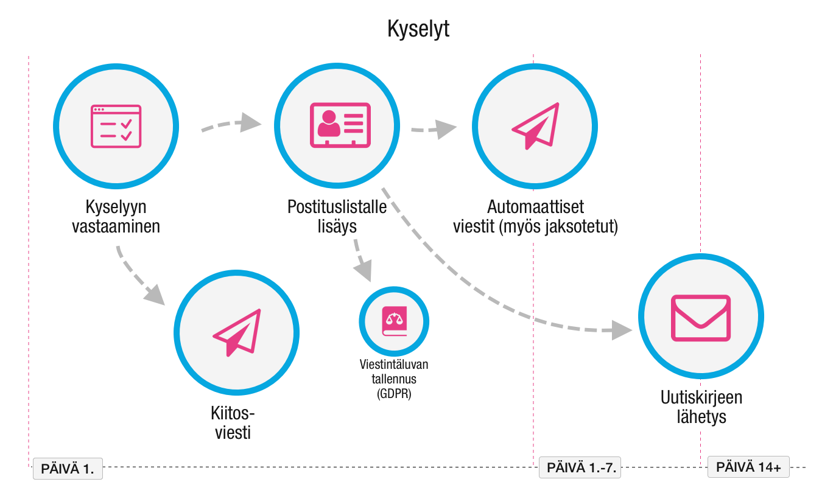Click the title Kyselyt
[418, 29]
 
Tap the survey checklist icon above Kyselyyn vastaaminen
[116, 126]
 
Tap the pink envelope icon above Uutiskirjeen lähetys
[700, 318]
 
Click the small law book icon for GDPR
[393, 321]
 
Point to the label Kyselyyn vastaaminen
[116, 216]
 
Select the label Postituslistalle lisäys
[337, 216]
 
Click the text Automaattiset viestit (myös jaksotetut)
[535, 216]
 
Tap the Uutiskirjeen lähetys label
[701, 407]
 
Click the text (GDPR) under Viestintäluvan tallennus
[393, 394]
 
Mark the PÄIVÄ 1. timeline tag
[68, 469]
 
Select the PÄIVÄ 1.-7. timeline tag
[582, 468]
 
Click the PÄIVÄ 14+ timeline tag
[748, 467]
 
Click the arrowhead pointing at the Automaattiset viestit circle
[448, 128]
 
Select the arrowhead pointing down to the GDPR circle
[364, 271]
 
